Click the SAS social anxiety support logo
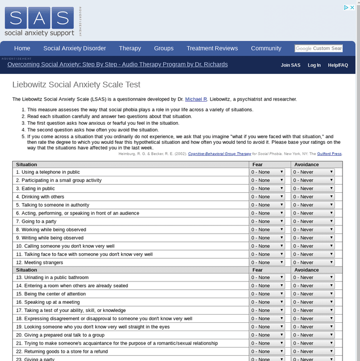tap(40, 21)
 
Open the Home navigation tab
tap(22, 48)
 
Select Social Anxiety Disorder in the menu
tap(74, 48)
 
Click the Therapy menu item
tap(130, 48)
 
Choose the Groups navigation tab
tap(163, 48)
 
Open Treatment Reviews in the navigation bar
tap(212, 48)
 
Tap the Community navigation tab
tap(266, 48)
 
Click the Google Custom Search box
tap(319, 48)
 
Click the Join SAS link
tap(290, 65)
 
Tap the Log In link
tap(314, 65)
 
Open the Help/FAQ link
tap(338, 65)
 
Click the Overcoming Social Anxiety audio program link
tap(118, 64)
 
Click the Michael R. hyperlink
tap(196, 99)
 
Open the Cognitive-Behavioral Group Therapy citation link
tap(219, 154)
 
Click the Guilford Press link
tap(329, 154)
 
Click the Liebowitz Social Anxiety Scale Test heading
tap(76, 85)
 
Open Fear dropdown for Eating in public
tap(267, 189)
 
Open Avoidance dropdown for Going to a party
tap(313, 222)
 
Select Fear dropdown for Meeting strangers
tap(267, 262)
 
